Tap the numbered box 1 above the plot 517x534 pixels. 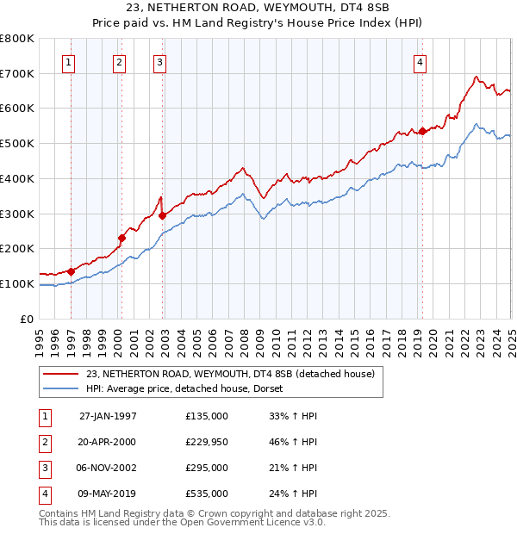point(68,61)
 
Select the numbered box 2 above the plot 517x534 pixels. point(119,61)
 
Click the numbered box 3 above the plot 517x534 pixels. point(160,61)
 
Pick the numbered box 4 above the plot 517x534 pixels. point(420,61)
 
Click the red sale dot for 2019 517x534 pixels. point(422,131)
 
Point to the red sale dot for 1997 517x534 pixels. point(72,271)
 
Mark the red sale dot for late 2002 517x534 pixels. point(163,215)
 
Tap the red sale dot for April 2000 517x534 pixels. point(122,239)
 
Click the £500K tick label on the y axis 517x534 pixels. point(16,144)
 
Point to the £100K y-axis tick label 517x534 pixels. point(16,284)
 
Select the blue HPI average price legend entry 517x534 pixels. point(190,389)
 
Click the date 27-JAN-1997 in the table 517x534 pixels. point(108,416)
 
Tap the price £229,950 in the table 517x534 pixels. point(207,442)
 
